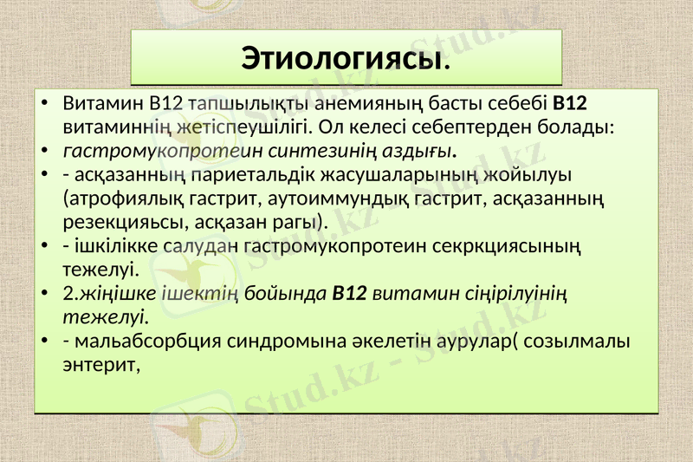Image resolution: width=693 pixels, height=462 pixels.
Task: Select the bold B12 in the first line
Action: click(x=570, y=104)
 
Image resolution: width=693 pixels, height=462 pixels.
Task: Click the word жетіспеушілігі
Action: click(x=236, y=127)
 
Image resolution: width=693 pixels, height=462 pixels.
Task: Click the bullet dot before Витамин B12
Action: click(x=44, y=105)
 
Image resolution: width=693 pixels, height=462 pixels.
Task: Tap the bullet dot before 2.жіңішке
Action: click(x=44, y=293)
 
